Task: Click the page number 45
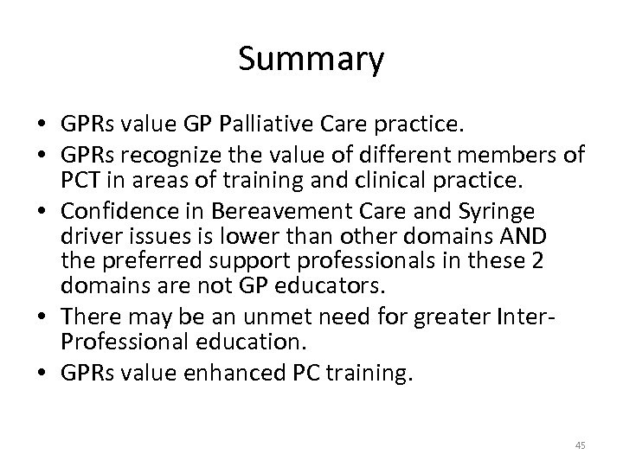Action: click(580, 445)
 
